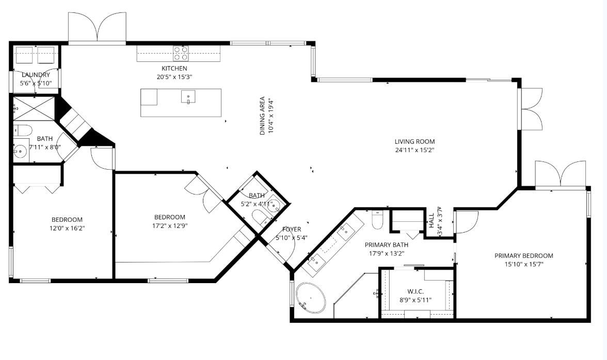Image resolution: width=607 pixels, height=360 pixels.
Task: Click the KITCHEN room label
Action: tap(174, 68)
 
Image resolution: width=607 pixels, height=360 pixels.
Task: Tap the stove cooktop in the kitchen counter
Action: tap(180, 53)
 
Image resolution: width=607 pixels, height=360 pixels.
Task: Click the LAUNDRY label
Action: tap(36, 75)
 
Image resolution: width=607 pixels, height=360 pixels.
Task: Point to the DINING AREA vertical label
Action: tap(262, 116)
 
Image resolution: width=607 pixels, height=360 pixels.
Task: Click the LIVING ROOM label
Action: tap(414, 141)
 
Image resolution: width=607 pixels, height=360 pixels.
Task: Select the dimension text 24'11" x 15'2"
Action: tap(414, 151)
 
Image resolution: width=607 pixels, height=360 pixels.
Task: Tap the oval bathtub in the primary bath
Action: tap(311, 298)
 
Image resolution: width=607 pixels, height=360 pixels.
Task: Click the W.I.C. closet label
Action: tap(416, 291)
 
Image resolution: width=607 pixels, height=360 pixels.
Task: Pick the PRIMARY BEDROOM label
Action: tap(523, 256)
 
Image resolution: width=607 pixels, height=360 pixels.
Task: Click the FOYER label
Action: tap(292, 230)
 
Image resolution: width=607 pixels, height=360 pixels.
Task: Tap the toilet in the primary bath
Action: tap(377, 220)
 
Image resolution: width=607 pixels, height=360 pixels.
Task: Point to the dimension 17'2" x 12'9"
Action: tap(169, 225)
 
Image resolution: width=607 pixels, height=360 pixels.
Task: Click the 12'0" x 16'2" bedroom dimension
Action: tap(67, 228)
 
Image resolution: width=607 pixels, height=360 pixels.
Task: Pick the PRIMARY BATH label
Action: tap(386, 245)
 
